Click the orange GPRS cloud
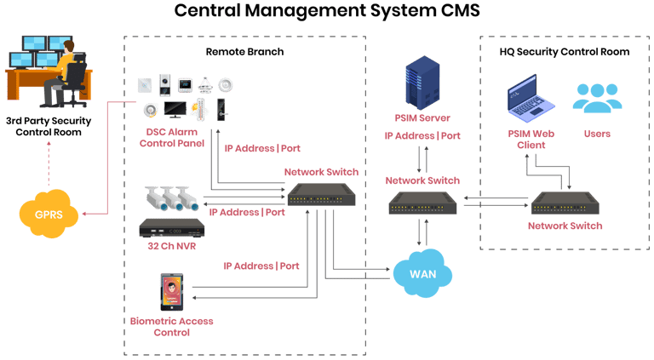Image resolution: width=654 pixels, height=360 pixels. click(x=49, y=214)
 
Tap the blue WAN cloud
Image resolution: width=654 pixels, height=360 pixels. click(x=422, y=273)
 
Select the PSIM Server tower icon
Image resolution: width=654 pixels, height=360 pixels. click(x=422, y=83)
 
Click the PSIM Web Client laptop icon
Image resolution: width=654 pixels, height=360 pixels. click(x=531, y=99)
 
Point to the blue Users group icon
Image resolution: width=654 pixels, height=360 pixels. click(x=597, y=99)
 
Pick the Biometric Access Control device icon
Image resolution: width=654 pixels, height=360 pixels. click(x=172, y=292)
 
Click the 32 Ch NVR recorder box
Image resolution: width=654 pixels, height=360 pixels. click(x=172, y=228)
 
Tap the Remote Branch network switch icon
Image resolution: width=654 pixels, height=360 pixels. click(x=321, y=195)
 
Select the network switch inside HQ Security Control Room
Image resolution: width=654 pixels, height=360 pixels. click(x=565, y=203)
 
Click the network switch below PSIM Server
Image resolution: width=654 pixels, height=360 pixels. click(x=422, y=203)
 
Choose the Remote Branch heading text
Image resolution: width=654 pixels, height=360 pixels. click(x=245, y=52)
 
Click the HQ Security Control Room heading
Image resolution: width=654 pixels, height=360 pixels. click(x=565, y=52)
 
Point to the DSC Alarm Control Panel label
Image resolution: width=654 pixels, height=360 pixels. click(x=172, y=138)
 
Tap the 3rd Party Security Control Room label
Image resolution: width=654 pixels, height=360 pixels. click(x=49, y=126)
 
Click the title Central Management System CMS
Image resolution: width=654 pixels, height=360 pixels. click(x=327, y=10)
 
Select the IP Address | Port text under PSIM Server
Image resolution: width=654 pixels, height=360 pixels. click(x=422, y=136)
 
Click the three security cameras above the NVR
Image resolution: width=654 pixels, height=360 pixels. click(x=172, y=198)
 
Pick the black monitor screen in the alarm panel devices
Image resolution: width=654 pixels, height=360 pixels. click(x=175, y=110)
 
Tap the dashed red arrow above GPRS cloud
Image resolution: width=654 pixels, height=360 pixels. click(x=49, y=163)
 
